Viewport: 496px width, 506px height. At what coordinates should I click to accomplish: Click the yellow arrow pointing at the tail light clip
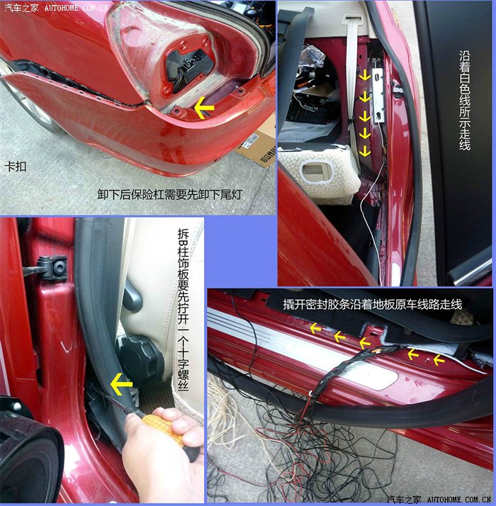pyautogui.click(x=204, y=108)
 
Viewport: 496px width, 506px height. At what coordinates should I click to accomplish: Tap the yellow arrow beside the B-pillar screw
pyautogui.click(x=121, y=383)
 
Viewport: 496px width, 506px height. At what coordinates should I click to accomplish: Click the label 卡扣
pyautogui.click(x=15, y=167)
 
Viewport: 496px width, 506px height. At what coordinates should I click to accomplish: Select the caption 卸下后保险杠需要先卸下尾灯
pyautogui.click(x=170, y=194)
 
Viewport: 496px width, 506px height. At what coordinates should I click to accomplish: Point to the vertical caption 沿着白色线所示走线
pyautogui.click(x=464, y=100)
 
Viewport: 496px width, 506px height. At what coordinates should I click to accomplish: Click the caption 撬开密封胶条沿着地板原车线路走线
pyautogui.click(x=373, y=304)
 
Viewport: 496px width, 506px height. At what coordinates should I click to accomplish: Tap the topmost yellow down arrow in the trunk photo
pyautogui.click(x=365, y=76)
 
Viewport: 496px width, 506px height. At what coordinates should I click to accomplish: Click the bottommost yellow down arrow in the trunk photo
pyautogui.click(x=365, y=151)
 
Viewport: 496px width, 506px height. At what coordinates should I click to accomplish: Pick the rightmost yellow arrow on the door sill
pyautogui.click(x=439, y=359)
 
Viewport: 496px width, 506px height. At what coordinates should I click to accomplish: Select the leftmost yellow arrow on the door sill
pyautogui.click(x=315, y=329)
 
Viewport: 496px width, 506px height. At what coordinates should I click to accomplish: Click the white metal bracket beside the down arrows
pyautogui.click(x=378, y=96)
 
